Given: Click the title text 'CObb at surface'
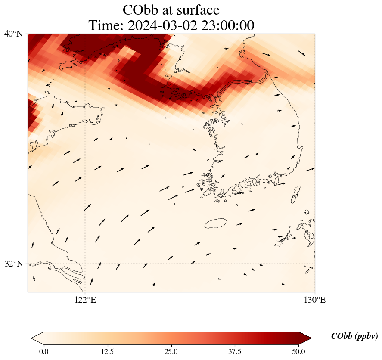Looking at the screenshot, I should click(x=171, y=9).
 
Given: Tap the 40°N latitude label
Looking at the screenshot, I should click(x=14, y=34).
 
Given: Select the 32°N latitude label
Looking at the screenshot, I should click(x=14, y=264).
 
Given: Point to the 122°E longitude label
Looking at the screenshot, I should click(x=85, y=300).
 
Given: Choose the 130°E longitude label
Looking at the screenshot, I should click(x=315, y=300).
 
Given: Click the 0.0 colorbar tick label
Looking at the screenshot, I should click(x=43, y=351).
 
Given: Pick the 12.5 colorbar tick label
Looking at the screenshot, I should click(x=107, y=351).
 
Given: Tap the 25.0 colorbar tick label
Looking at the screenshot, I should click(x=171, y=351).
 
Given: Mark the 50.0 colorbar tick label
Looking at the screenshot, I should click(x=298, y=351).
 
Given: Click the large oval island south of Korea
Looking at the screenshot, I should click(x=216, y=223).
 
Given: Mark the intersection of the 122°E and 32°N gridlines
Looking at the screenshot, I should click(x=85, y=264).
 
